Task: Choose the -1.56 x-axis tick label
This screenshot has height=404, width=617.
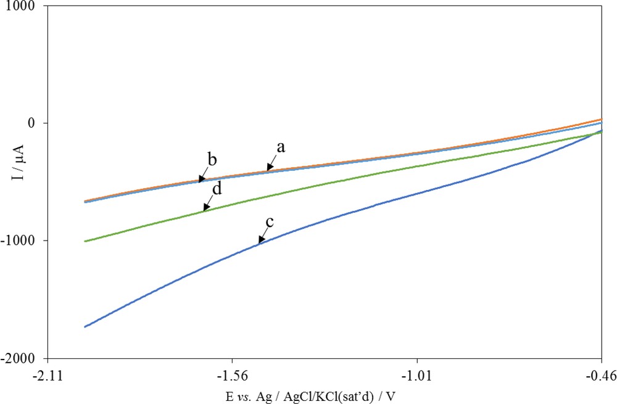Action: tap(232, 373)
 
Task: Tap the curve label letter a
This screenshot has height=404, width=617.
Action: tap(281, 147)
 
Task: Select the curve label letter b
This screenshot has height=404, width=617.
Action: tap(212, 160)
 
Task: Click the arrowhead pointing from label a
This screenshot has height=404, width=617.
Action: tap(268, 169)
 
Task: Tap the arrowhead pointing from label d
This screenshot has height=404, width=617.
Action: tap(204, 210)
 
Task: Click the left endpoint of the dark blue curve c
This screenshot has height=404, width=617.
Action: tap(85, 326)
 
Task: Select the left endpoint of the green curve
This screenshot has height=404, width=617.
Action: tap(85, 241)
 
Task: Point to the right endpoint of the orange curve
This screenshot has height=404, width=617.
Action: tap(602, 119)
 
